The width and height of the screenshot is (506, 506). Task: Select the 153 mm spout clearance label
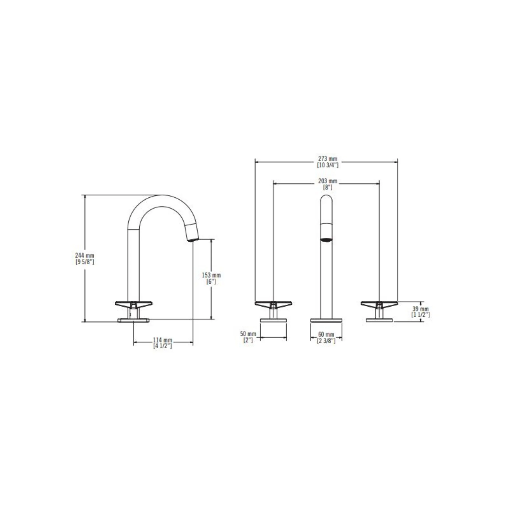coord(211,275)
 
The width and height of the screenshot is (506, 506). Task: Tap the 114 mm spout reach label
coord(163,340)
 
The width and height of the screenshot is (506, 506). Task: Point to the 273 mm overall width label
coord(328,159)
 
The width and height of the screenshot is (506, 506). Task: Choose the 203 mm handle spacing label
coord(328,181)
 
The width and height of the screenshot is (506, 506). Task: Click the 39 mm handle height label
coord(421,309)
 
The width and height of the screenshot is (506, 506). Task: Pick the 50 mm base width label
coord(248,334)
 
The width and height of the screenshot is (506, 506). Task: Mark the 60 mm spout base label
coord(326,335)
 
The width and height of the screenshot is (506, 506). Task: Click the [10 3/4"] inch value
coord(328,165)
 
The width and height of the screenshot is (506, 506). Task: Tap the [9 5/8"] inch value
coord(84,261)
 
